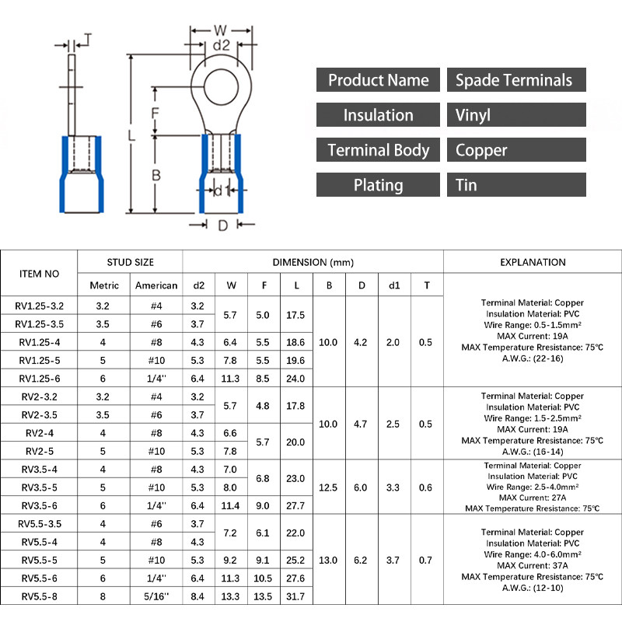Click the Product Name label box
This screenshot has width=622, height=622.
(x=378, y=80)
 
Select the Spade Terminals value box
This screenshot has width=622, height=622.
(x=516, y=80)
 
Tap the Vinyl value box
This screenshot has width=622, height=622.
(x=516, y=115)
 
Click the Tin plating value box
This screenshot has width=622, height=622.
(x=516, y=185)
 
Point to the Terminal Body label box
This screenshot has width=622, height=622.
(x=378, y=150)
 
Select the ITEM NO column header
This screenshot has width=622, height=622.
(x=39, y=273)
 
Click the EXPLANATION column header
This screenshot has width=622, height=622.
(x=533, y=262)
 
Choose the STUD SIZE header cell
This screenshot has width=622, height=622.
(x=130, y=262)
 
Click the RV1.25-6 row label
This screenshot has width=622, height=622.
(x=39, y=379)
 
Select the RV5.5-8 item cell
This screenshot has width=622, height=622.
(x=39, y=596)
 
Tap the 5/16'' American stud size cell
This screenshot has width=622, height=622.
(x=156, y=596)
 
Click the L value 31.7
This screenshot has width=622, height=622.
(x=296, y=596)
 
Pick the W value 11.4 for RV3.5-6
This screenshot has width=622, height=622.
(x=231, y=505)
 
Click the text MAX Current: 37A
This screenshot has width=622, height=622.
(x=533, y=565)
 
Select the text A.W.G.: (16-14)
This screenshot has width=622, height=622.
(x=533, y=451)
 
